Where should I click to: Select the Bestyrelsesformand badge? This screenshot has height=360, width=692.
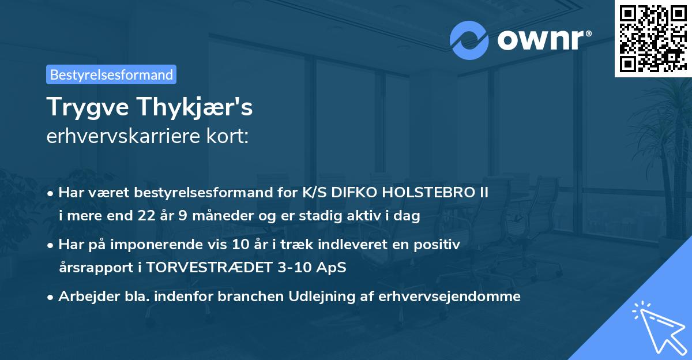coord(111,74)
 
